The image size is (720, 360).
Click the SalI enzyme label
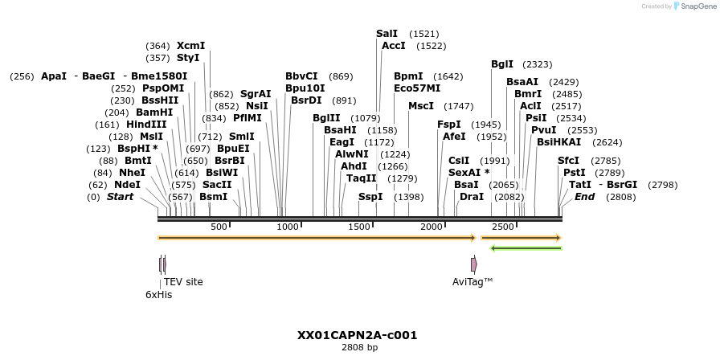387,34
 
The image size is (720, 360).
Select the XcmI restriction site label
190,46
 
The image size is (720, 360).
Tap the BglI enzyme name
502,64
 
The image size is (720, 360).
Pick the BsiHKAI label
558,142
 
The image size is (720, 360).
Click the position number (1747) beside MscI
459,106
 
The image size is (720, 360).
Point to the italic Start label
120,197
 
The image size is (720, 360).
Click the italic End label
584,197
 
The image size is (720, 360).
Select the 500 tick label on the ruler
219,227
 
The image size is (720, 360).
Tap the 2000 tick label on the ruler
432,227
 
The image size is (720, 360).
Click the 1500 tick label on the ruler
361,227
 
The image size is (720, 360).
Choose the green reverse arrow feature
526,248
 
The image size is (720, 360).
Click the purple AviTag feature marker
473,264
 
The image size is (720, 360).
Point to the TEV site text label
183,282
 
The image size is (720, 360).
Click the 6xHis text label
158,295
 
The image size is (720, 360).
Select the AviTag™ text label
472,282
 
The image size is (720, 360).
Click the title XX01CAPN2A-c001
357,335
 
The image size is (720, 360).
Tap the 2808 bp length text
359,348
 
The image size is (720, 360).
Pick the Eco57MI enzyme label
417,88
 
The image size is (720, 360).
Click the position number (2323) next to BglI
537,64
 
